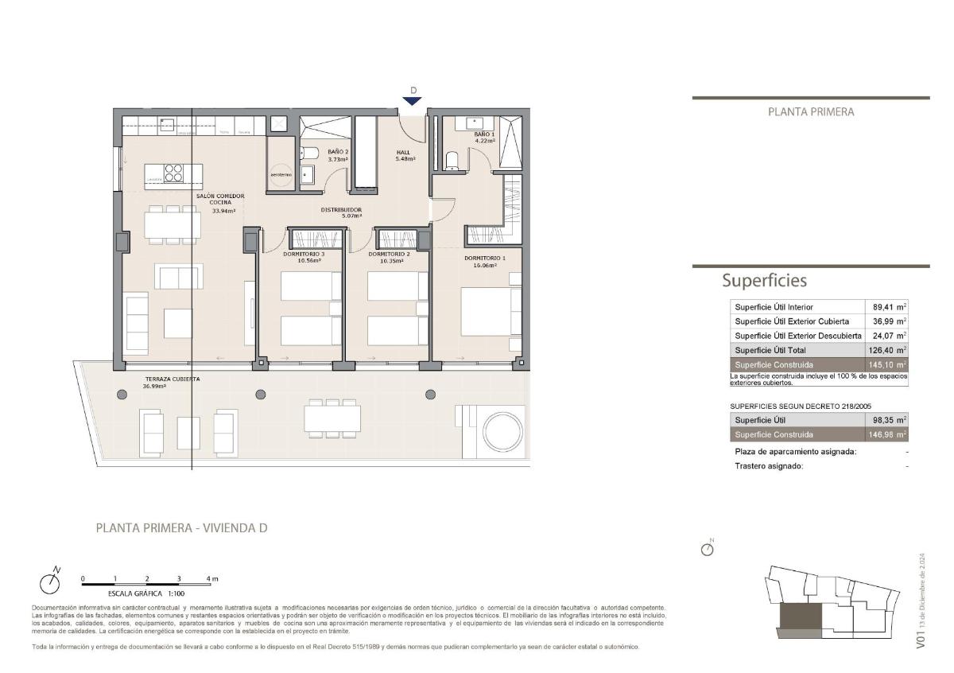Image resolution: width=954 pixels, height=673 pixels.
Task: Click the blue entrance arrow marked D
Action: [x=411, y=100]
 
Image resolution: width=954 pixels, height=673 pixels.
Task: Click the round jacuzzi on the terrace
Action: [x=504, y=431]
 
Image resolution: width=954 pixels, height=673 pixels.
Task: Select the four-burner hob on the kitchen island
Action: [x=173, y=173]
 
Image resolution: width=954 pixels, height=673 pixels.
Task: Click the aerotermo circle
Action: [x=281, y=174]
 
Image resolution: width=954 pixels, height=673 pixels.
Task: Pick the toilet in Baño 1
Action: [x=452, y=161]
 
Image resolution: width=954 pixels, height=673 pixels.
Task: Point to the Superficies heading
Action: [x=764, y=280]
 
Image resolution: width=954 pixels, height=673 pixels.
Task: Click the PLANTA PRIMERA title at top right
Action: [x=811, y=112]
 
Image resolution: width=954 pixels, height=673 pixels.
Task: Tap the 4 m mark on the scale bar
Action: [x=211, y=578]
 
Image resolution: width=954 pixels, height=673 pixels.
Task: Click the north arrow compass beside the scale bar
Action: [x=51, y=582]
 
